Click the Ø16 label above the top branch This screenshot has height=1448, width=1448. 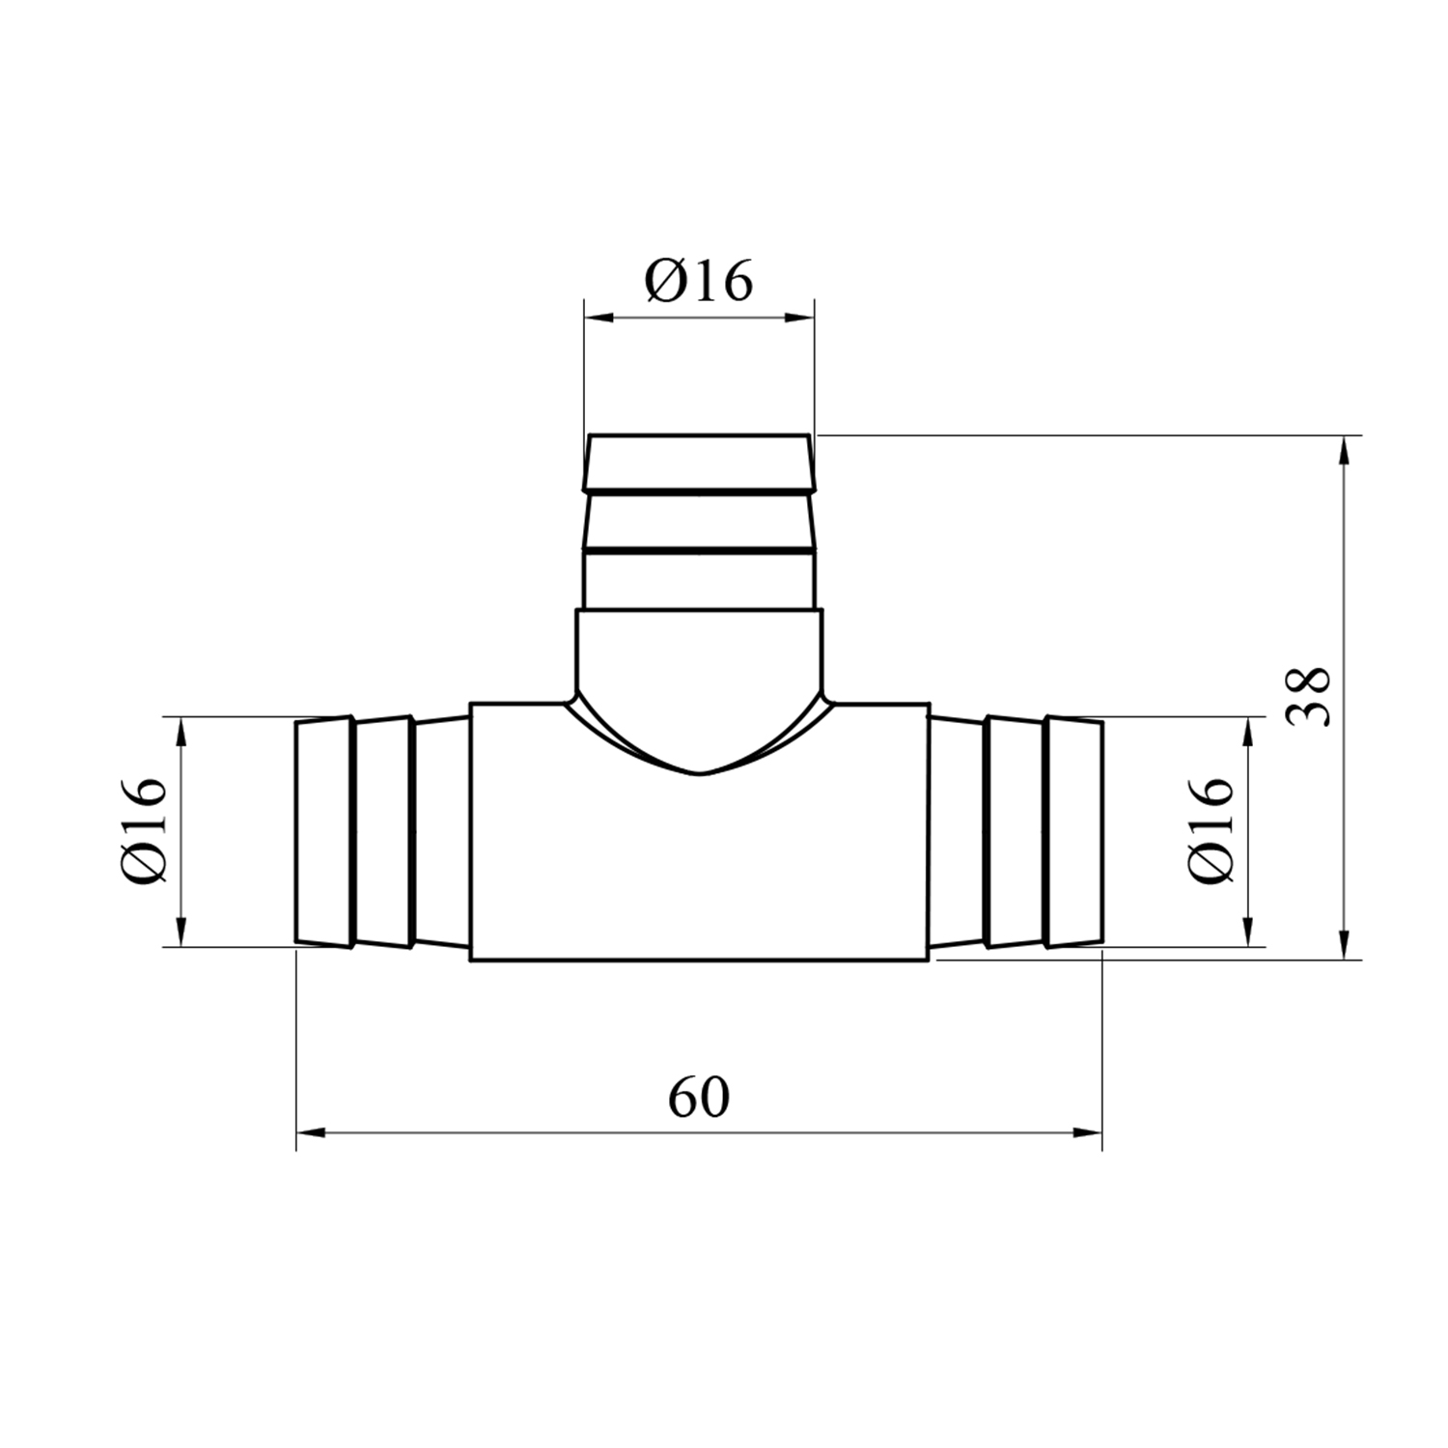point(699,282)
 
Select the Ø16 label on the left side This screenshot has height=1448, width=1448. point(146,830)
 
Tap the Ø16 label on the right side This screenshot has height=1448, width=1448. point(1212,830)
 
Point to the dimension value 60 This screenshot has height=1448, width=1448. point(699,1097)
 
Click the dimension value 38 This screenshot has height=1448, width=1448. point(1311,697)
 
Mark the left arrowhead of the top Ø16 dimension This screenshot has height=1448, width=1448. point(599,316)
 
